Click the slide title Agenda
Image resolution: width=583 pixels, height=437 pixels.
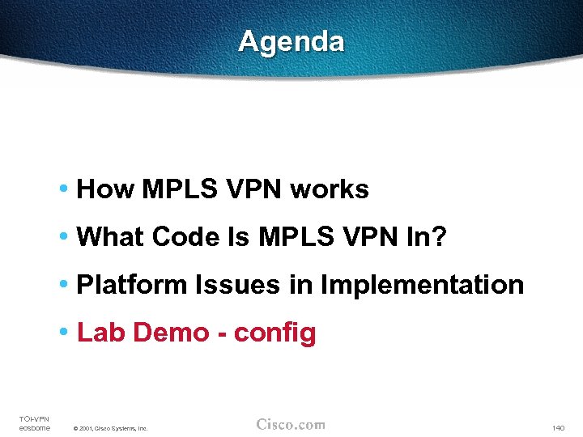[x=291, y=41]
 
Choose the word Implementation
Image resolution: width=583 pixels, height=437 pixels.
[x=422, y=285]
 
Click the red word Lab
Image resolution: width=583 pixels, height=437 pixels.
[x=98, y=333]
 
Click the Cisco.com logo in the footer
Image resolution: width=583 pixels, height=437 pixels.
[x=291, y=424]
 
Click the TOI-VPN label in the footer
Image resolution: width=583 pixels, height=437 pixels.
[x=34, y=418]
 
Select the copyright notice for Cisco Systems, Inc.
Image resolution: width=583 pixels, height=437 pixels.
[x=110, y=428]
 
